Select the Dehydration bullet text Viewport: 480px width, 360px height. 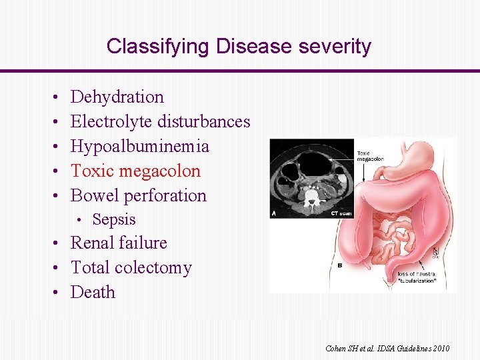click(x=117, y=97)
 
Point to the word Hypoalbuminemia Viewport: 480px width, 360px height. click(x=139, y=147)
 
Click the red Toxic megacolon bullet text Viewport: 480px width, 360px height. click(x=135, y=171)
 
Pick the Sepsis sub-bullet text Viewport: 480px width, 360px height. click(x=114, y=219)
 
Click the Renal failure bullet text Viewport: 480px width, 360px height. click(x=119, y=243)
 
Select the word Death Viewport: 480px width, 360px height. click(x=93, y=293)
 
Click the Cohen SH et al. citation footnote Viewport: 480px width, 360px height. click(x=387, y=349)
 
